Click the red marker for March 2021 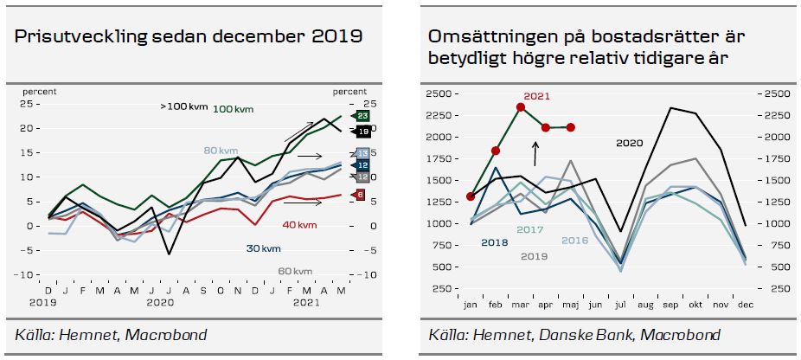point(521,107)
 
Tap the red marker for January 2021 point(471,196)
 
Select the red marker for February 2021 point(496,151)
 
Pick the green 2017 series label point(529,229)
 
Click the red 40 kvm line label point(299,225)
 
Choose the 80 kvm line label point(221,151)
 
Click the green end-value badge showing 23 point(363,115)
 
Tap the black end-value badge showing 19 point(363,131)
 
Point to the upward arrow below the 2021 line point(535,154)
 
